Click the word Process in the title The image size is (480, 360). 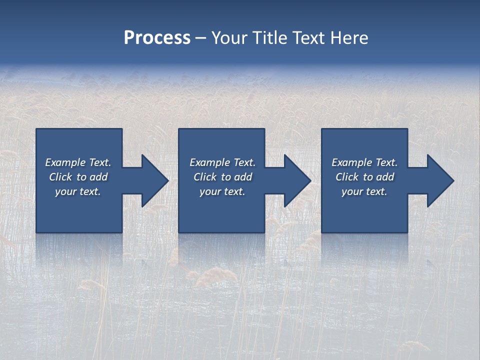[x=157, y=38]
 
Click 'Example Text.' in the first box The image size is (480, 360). [x=78, y=162]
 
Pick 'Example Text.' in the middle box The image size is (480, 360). [x=222, y=162]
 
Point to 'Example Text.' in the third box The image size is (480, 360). [x=364, y=162]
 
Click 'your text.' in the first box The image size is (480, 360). [x=78, y=191]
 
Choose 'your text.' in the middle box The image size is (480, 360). [x=222, y=191]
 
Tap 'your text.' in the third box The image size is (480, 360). [x=364, y=191]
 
